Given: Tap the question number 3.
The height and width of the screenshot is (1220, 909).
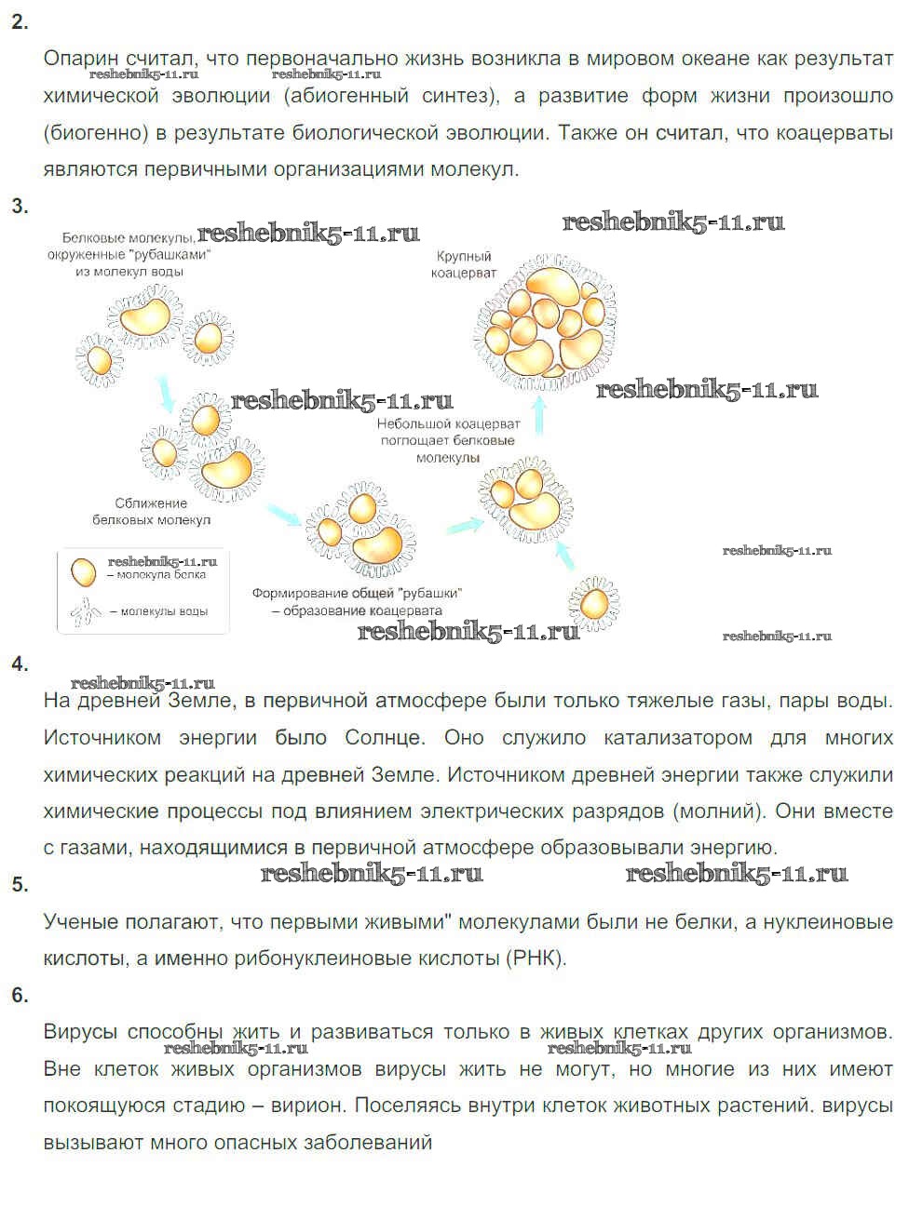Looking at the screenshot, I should click(20, 207).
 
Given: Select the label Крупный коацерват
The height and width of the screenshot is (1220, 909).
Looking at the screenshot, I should click(463, 264).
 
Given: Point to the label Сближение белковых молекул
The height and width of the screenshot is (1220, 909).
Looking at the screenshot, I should click(151, 511).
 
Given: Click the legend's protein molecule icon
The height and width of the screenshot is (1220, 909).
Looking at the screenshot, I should click(83, 572).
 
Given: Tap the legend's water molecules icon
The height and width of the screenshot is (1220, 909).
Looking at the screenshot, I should click(85, 610).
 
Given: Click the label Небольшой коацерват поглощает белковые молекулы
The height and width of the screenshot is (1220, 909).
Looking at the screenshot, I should click(448, 440).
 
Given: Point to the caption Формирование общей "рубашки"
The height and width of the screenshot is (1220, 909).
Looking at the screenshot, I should click(357, 594).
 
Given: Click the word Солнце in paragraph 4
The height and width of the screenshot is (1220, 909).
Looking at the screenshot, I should click(385, 738).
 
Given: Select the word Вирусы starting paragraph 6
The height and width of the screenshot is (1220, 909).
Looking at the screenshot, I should click(80, 1032).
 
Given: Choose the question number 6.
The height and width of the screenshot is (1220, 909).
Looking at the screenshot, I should click(20, 995).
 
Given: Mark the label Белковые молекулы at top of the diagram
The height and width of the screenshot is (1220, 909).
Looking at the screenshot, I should click(125, 238).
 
